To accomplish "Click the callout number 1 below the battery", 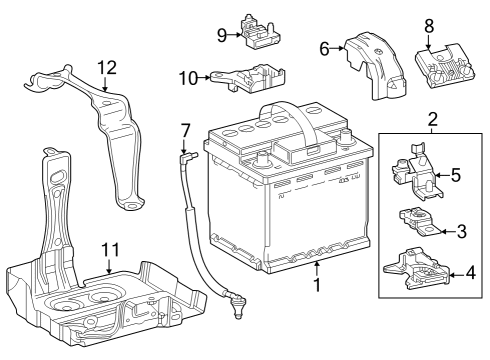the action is pyautogui.click(x=317, y=285).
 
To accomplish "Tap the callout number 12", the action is pyautogui.click(x=107, y=68).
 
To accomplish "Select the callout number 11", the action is pyautogui.click(x=110, y=250).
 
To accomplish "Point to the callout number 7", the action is pyautogui.click(x=185, y=131).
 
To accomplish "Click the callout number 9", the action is pyautogui.click(x=222, y=35).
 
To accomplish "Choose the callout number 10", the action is pyautogui.click(x=188, y=78).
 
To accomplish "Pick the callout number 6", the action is pyautogui.click(x=324, y=49).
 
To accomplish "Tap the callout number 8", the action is pyautogui.click(x=429, y=26).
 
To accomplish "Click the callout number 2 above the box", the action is pyautogui.click(x=432, y=119).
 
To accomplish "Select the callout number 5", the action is pyautogui.click(x=456, y=175).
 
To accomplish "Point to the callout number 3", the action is pyautogui.click(x=461, y=231).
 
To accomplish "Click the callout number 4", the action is pyautogui.click(x=471, y=273).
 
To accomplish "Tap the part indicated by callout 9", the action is pyautogui.click(x=259, y=32).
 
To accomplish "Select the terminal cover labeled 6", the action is pyautogui.click(x=375, y=65).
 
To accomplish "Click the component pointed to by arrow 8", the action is pyautogui.click(x=444, y=66).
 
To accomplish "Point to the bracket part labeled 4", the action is pyautogui.click(x=417, y=269).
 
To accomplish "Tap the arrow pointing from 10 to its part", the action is pyautogui.click(x=204, y=78).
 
